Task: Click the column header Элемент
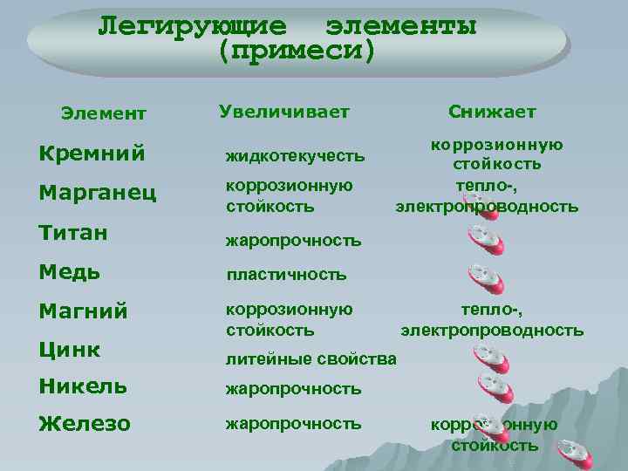tap(103, 113)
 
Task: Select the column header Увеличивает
tap(283, 112)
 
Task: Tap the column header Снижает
tap(493, 112)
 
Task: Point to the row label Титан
tap(74, 232)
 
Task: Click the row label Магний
tap(84, 311)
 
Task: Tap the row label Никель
tap(83, 386)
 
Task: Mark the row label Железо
tap(85, 424)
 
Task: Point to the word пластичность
tap(286, 275)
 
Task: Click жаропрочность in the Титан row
tap(293, 239)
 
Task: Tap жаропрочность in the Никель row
tap(293, 387)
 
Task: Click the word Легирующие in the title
tap(192, 24)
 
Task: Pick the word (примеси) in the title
tap(297, 50)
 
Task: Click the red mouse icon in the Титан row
tap(485, 239)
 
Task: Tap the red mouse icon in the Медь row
tap(486, 278)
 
